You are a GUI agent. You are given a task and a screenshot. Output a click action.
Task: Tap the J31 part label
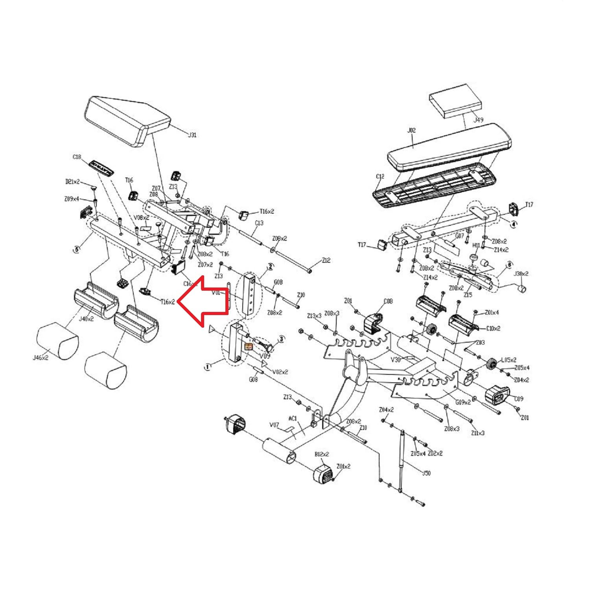[192, 135]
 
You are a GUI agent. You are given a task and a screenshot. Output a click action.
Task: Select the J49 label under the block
[478, 120]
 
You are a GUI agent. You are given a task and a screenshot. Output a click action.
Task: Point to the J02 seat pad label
[411, 130]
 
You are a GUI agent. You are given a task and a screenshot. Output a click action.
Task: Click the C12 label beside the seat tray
[380, 177]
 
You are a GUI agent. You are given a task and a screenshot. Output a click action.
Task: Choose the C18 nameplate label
[77, 157]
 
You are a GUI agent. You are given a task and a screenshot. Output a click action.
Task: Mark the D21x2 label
[72, 182]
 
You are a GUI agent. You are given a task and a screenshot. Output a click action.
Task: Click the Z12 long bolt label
[326, 260]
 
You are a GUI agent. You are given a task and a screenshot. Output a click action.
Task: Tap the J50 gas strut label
[426, 473]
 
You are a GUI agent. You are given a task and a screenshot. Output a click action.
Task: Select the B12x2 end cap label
[322, 454]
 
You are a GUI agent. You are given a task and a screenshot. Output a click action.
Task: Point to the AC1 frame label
[293, 419]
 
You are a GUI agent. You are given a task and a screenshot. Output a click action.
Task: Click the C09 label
[519, 399]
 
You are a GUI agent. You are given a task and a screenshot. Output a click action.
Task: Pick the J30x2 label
[521, 274]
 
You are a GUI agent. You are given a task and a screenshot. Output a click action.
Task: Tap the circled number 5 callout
[77, 249]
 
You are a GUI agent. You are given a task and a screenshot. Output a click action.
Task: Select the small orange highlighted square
[249, 347]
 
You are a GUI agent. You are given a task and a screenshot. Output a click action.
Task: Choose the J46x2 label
[41, 358]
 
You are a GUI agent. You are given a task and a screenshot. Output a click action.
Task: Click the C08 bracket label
[388, 301]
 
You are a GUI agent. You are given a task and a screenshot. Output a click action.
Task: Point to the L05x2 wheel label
[509, 360]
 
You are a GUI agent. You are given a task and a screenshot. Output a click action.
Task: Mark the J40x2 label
[86, 319]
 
